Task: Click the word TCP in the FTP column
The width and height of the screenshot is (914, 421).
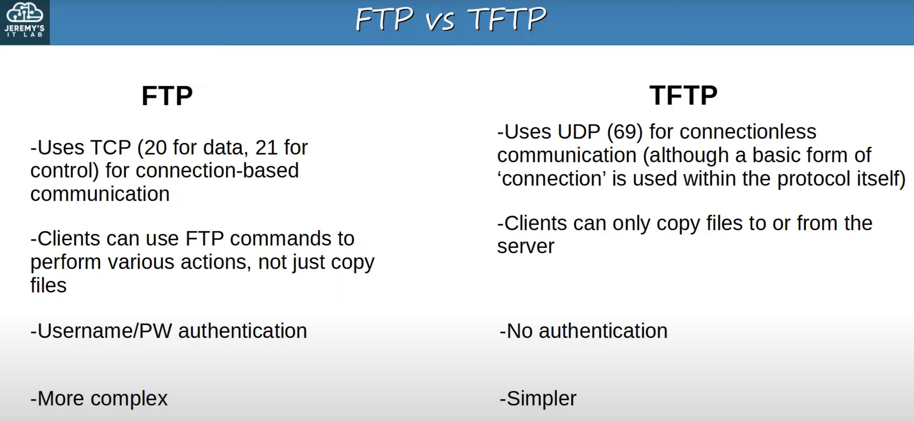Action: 110,147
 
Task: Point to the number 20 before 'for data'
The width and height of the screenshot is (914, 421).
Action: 156,147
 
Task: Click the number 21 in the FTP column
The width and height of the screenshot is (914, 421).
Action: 266,147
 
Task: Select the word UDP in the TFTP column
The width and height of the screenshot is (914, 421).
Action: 579,131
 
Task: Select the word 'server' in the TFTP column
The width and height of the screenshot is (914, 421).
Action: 525,246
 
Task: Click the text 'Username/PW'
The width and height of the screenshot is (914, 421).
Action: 101,331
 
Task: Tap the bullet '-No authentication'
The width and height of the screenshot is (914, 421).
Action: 584,331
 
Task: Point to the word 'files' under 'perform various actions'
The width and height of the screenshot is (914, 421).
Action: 48,285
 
